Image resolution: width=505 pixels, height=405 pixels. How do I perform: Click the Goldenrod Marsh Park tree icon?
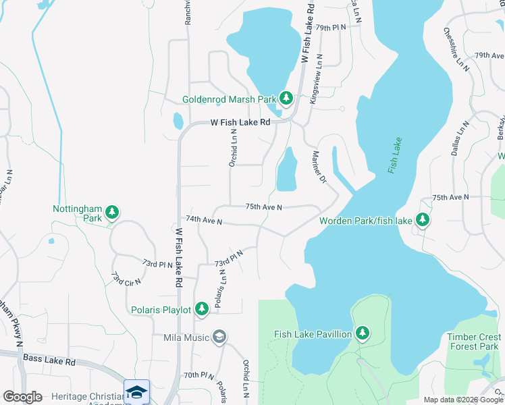coord(286,99)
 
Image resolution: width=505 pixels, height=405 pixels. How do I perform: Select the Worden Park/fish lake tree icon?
coord(423,220)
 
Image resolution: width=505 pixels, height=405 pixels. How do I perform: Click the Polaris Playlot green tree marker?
coord(201,309)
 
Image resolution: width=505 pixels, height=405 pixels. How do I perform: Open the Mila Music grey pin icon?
coord(219,337)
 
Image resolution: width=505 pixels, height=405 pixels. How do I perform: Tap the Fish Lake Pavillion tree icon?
coord(363,333)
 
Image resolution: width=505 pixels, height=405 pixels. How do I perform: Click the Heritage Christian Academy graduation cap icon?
coord(136,392)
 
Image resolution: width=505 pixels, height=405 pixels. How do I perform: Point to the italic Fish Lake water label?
coord(395,156)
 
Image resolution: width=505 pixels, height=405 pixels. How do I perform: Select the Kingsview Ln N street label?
coord(316,79)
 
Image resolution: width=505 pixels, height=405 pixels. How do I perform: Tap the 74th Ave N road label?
coord(204,220)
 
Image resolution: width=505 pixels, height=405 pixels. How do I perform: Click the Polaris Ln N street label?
coord(220,288)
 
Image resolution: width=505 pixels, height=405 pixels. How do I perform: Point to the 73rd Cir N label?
coord(126,277)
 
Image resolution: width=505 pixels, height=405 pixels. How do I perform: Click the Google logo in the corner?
coord(22,397)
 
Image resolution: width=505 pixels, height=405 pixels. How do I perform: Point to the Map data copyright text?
coord(462,400)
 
